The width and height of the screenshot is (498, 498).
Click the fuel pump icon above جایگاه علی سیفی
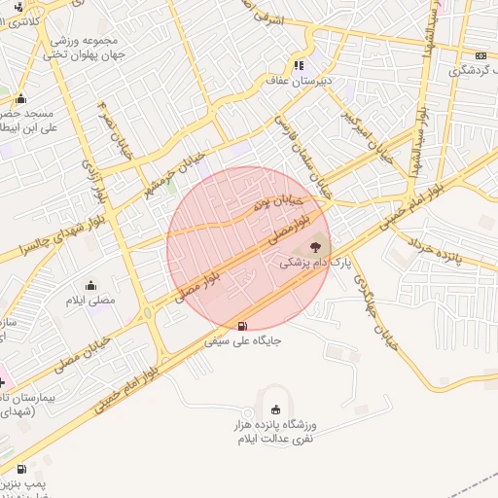pyautogui.click(x=241, y=325)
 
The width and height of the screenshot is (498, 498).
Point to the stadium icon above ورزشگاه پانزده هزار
pyautogui.click(x=275, y=409)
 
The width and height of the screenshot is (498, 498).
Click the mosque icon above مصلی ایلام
pyautogui.click(x=90, y=284)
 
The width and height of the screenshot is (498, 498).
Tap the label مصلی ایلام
pyautogui.click(x=90, y=300)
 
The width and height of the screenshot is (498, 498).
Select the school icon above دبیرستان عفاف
pyautogui.click(x=298, y=65)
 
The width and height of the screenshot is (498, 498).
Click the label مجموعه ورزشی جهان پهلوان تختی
pyautogui.click(x=81, y=48)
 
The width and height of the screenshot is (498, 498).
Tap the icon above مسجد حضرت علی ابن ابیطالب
pyautogui.click(x=20, y=98)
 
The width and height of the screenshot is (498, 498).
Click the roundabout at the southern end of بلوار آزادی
pyautogui.click(x=147, y=314)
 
